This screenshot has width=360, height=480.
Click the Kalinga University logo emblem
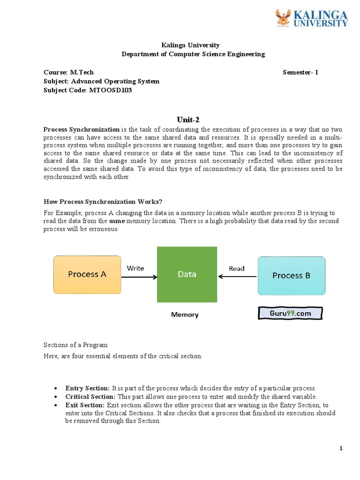pyautogui.click(x=283, y=18)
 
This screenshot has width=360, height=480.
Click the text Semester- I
pyautogui.click(x=300, y=72)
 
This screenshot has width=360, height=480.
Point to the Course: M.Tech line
pyautogui.click(x=68, y=72)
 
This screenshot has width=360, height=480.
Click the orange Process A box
pyautogui.click(x=87, y=275)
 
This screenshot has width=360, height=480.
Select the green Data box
pyautogui.click(x=187, y=275)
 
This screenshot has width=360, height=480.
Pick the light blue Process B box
pyautogui.click(x=291, y=276)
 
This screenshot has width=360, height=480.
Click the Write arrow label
pyautogui.click(x=136, y=268)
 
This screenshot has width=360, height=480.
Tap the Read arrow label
pyautogui.click(x=236, y=269)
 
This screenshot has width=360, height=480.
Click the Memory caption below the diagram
pyautogui.click(x=185, y=315)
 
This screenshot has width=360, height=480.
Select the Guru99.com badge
pyautogui.click(x=291, y=313)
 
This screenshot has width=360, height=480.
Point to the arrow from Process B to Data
pyautogui.click(x=238, y=277)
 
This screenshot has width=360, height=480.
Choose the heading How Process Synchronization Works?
pyautogui.click(x=103, y=202)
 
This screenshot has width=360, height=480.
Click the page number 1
pyautogui.click(x=341, y=449)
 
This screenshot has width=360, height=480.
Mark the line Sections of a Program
pyautogui.click(x=75, y=345)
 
